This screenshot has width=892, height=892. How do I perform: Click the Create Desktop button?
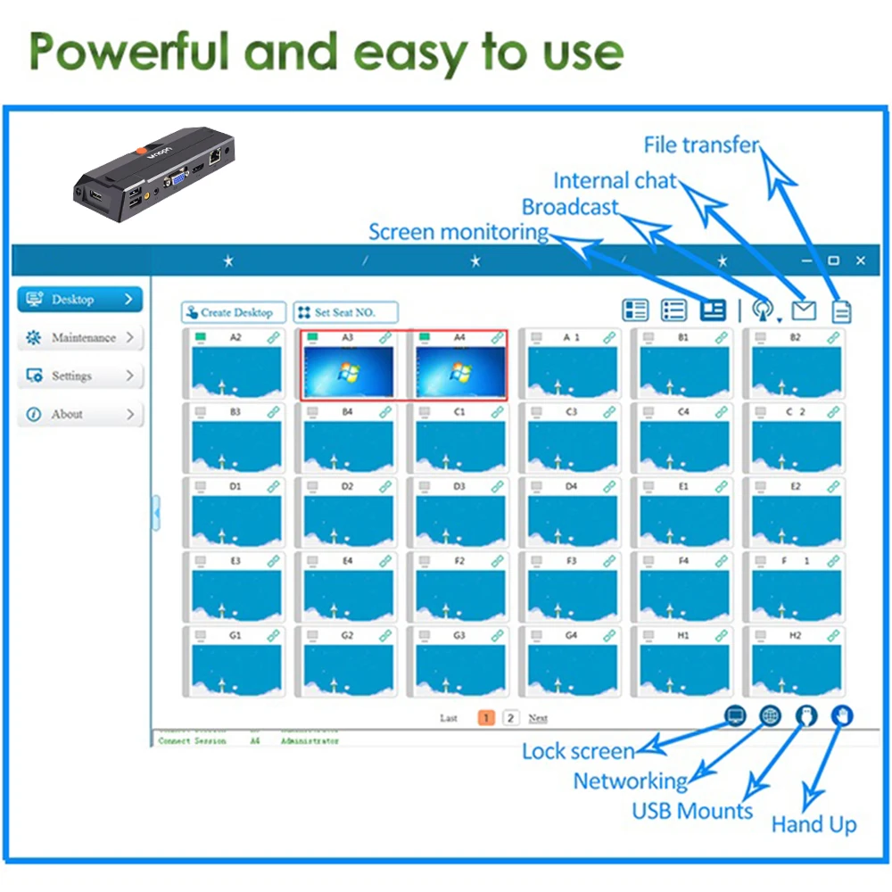click(234, 312)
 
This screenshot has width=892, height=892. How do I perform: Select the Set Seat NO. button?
click(345, 312)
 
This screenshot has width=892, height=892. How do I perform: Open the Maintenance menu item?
click(80, 338)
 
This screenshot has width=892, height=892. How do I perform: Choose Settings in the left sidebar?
click(80, 376)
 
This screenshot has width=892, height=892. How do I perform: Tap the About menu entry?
click(80, 415)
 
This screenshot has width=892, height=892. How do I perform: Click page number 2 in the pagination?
click(510, 718)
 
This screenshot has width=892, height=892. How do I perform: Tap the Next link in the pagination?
click(538, 718)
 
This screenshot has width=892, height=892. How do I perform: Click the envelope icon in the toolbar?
click(804, 310)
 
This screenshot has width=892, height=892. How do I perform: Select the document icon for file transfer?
click(841, 310)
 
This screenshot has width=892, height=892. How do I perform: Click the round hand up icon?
click(842, 715)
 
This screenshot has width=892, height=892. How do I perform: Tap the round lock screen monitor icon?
click(735, 715)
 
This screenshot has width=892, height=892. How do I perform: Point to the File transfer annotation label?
click(701, 145)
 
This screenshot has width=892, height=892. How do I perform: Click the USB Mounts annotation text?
click(692, 811)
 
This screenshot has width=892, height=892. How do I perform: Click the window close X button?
click(860, 260)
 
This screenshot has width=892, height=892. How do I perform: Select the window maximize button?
click(833, 260)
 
